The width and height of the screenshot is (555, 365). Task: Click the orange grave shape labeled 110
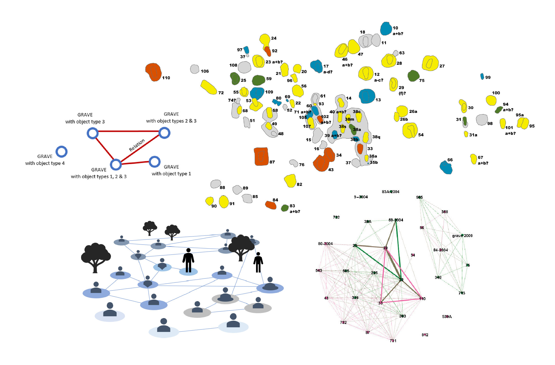coord(153,72)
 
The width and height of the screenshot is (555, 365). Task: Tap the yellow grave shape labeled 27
coord(430,63)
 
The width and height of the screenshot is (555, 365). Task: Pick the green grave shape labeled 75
coord(413,76)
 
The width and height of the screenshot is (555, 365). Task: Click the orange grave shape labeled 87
coord(261,156)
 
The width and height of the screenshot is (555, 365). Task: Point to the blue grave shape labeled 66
coord(446,167)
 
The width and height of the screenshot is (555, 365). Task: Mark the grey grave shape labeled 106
coord(195,69)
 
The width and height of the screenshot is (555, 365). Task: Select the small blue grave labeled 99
coord(482,76)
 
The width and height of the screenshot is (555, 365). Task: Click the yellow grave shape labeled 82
coord(290,181)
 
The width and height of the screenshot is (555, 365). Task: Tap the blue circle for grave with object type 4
coord(62,152)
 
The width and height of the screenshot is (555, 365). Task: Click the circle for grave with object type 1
coord(154,162)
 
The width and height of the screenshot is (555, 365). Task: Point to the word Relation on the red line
coord(137,145)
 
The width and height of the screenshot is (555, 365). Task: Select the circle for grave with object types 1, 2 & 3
coord(116,164)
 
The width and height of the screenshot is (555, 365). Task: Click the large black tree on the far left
coord(95,257)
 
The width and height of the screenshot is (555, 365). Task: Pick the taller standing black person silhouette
coord(188,260)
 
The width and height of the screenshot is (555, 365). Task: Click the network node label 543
coord(319,270)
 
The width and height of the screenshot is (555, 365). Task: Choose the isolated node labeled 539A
coord(447,317)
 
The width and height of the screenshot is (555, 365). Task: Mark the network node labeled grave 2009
coord(462,235)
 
